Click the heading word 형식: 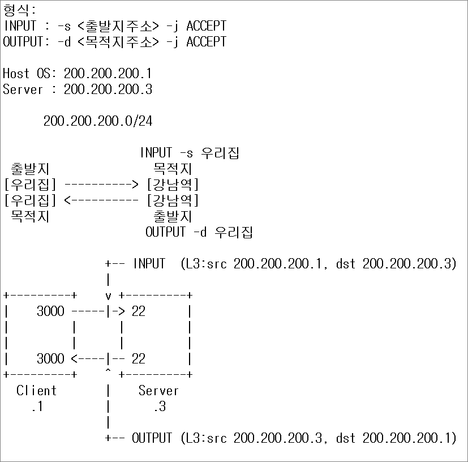pyautogui.click(x=19, y=10)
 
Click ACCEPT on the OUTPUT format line pyautogui.click(x=206, y=42)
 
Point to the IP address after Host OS pyautogui.click(x=108, y=74)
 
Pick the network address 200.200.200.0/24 pyautogui.click(x=97, y=121)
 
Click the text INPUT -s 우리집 pyautogui.click(x=190, y=153)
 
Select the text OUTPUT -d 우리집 pyautogui.click(x=199, y=232)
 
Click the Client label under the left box pyautogui.click(x=36, y=391)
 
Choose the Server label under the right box pyautogui.click(x=158, y=391)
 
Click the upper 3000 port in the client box pyautogui.click(x=50, y=311)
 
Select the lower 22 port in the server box pyautogui.click(x=138, y=359)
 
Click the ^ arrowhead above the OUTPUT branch pyautogui.click(x=108, y=373)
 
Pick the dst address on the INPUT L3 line pyautogui.click(x=409, y=264)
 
